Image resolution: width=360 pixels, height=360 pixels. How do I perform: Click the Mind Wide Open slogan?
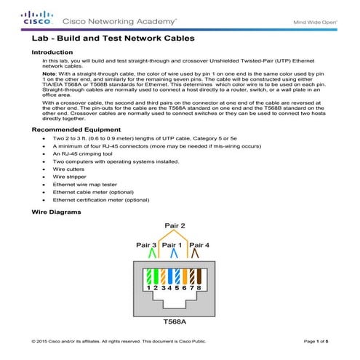point(313,21)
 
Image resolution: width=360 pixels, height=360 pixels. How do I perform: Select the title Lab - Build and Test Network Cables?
point(113,39)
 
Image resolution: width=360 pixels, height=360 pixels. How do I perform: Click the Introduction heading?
point(52,52)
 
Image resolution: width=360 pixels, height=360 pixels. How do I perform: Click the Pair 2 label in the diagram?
point(175,226)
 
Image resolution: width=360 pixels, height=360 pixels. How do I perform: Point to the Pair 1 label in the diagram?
point(175,245)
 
